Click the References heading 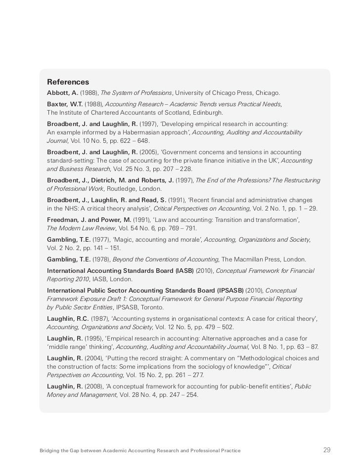[68, 82]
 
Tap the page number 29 [327, 450]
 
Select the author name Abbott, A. [62, 93]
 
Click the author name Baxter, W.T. [65, 104]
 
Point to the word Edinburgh [208, 113]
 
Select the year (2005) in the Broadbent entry [149, 152]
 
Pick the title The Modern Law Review [82, 228]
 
